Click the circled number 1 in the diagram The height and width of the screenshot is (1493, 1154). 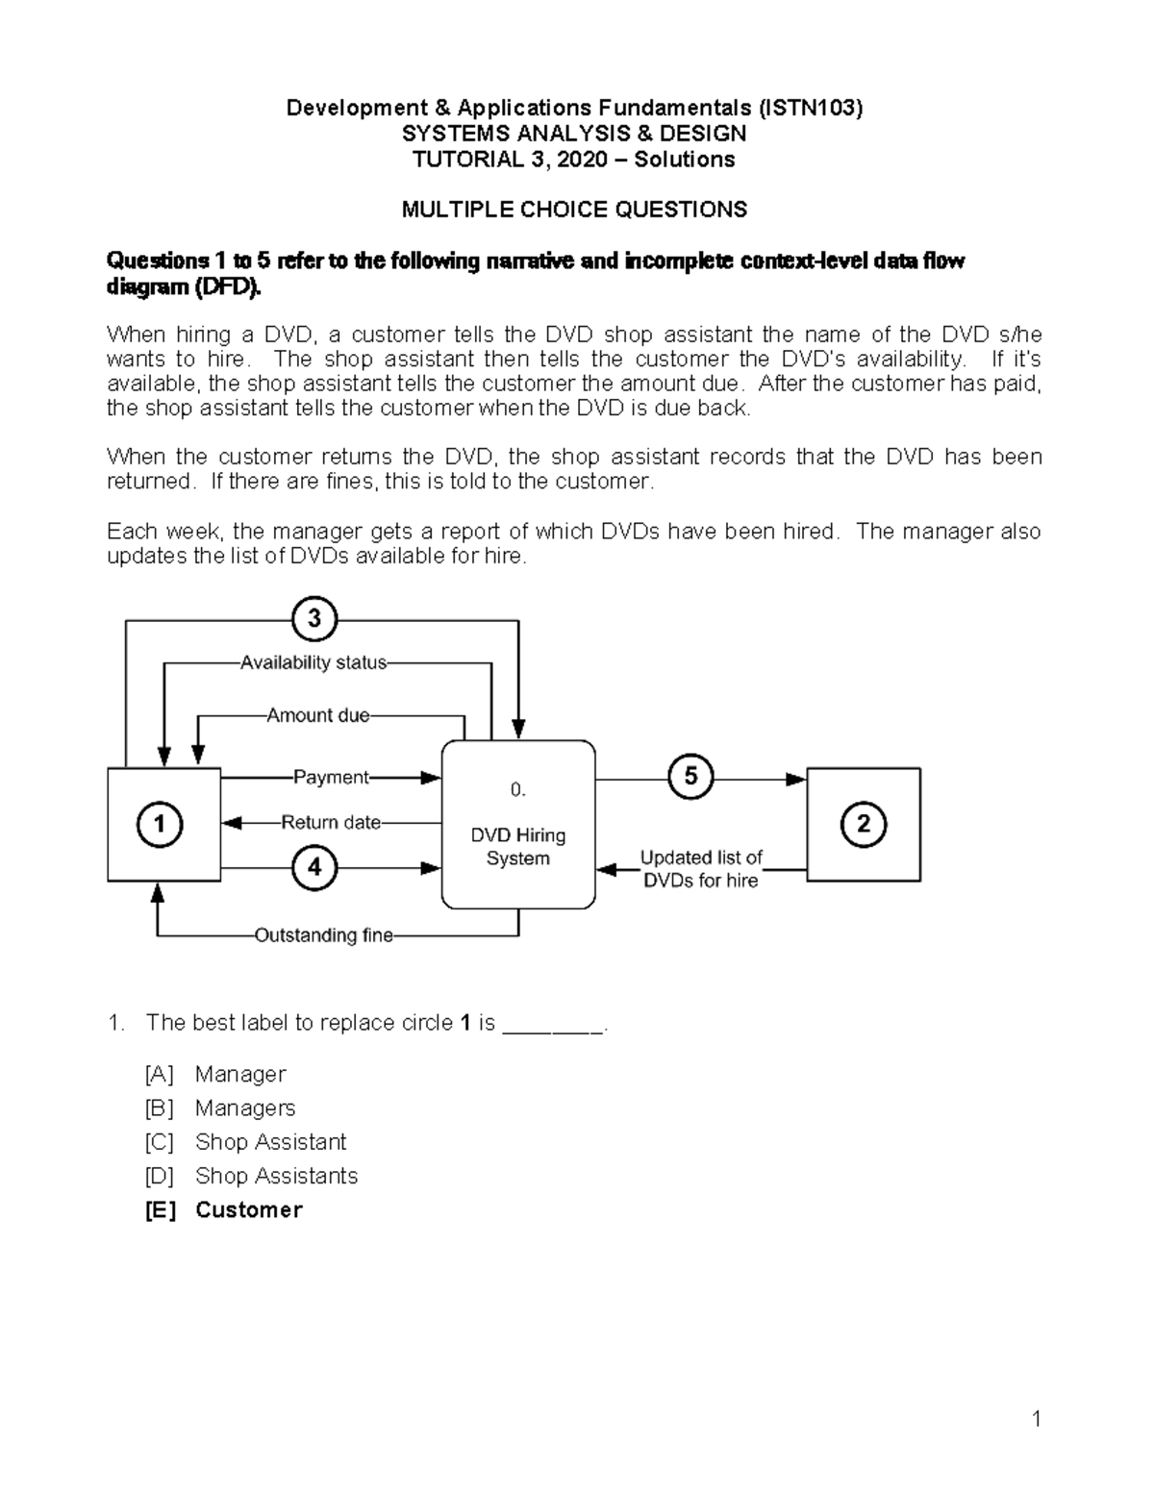160,825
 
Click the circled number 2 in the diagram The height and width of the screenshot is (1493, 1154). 863,824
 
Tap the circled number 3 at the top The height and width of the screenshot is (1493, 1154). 314,619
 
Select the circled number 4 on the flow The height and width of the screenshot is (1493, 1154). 314,867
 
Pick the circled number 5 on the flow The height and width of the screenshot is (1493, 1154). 690,776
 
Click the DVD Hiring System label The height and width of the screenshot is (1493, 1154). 517,847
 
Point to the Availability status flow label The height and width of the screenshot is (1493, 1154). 314,662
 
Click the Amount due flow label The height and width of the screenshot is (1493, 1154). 318,715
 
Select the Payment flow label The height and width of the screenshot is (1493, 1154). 331,777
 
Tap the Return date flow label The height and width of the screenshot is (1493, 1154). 331,823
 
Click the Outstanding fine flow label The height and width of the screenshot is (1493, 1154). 324,935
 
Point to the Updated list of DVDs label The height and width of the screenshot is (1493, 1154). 701,869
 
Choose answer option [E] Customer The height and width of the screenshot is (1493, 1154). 248,1209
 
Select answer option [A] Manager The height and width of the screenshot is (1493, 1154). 239,1074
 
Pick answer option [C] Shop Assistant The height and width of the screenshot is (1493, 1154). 270,1142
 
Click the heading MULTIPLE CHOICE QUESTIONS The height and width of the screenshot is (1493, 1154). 574,210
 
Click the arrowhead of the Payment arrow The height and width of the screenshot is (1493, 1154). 432,778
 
